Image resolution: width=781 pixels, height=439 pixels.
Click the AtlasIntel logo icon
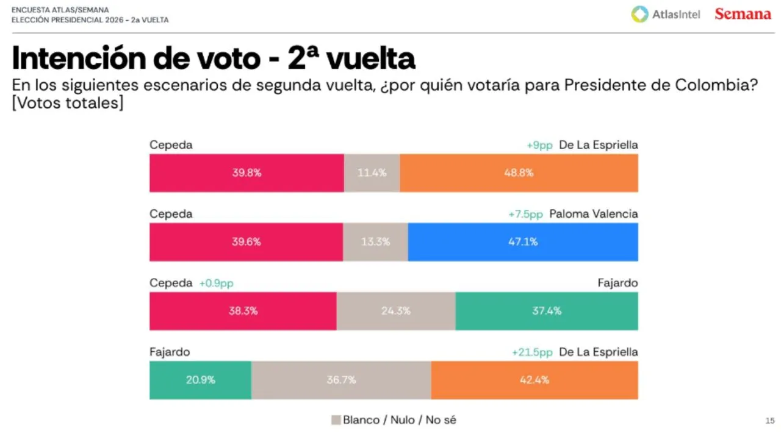[639, 14]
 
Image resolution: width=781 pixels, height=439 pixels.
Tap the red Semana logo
[743, 14]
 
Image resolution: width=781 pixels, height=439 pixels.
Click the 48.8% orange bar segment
[519, 173]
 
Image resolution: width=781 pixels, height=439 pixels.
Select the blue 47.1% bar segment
[523, 241]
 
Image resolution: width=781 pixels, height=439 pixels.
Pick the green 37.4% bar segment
[547, 311]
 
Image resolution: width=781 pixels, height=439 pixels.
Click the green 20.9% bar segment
[200, 380]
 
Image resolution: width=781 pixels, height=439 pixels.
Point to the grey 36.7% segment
[341, 380]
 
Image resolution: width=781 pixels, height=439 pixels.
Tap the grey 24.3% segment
[395, 311]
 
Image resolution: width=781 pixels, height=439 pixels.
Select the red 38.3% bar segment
[243, 311]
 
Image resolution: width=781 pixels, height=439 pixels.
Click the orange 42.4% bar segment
[534, 380]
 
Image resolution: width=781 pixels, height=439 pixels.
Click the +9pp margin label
[539, 145]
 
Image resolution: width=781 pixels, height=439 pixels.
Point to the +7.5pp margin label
[525, 214]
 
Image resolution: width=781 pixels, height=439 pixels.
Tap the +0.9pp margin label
[216, 284]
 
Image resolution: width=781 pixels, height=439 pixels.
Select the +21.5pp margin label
[532, 352]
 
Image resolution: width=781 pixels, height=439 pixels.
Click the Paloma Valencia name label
[593, 214]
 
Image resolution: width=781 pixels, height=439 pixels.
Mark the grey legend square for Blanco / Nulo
[336, 420]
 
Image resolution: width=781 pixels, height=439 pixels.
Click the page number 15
[769, 421]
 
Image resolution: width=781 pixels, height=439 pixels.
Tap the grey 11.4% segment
[372, 173]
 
